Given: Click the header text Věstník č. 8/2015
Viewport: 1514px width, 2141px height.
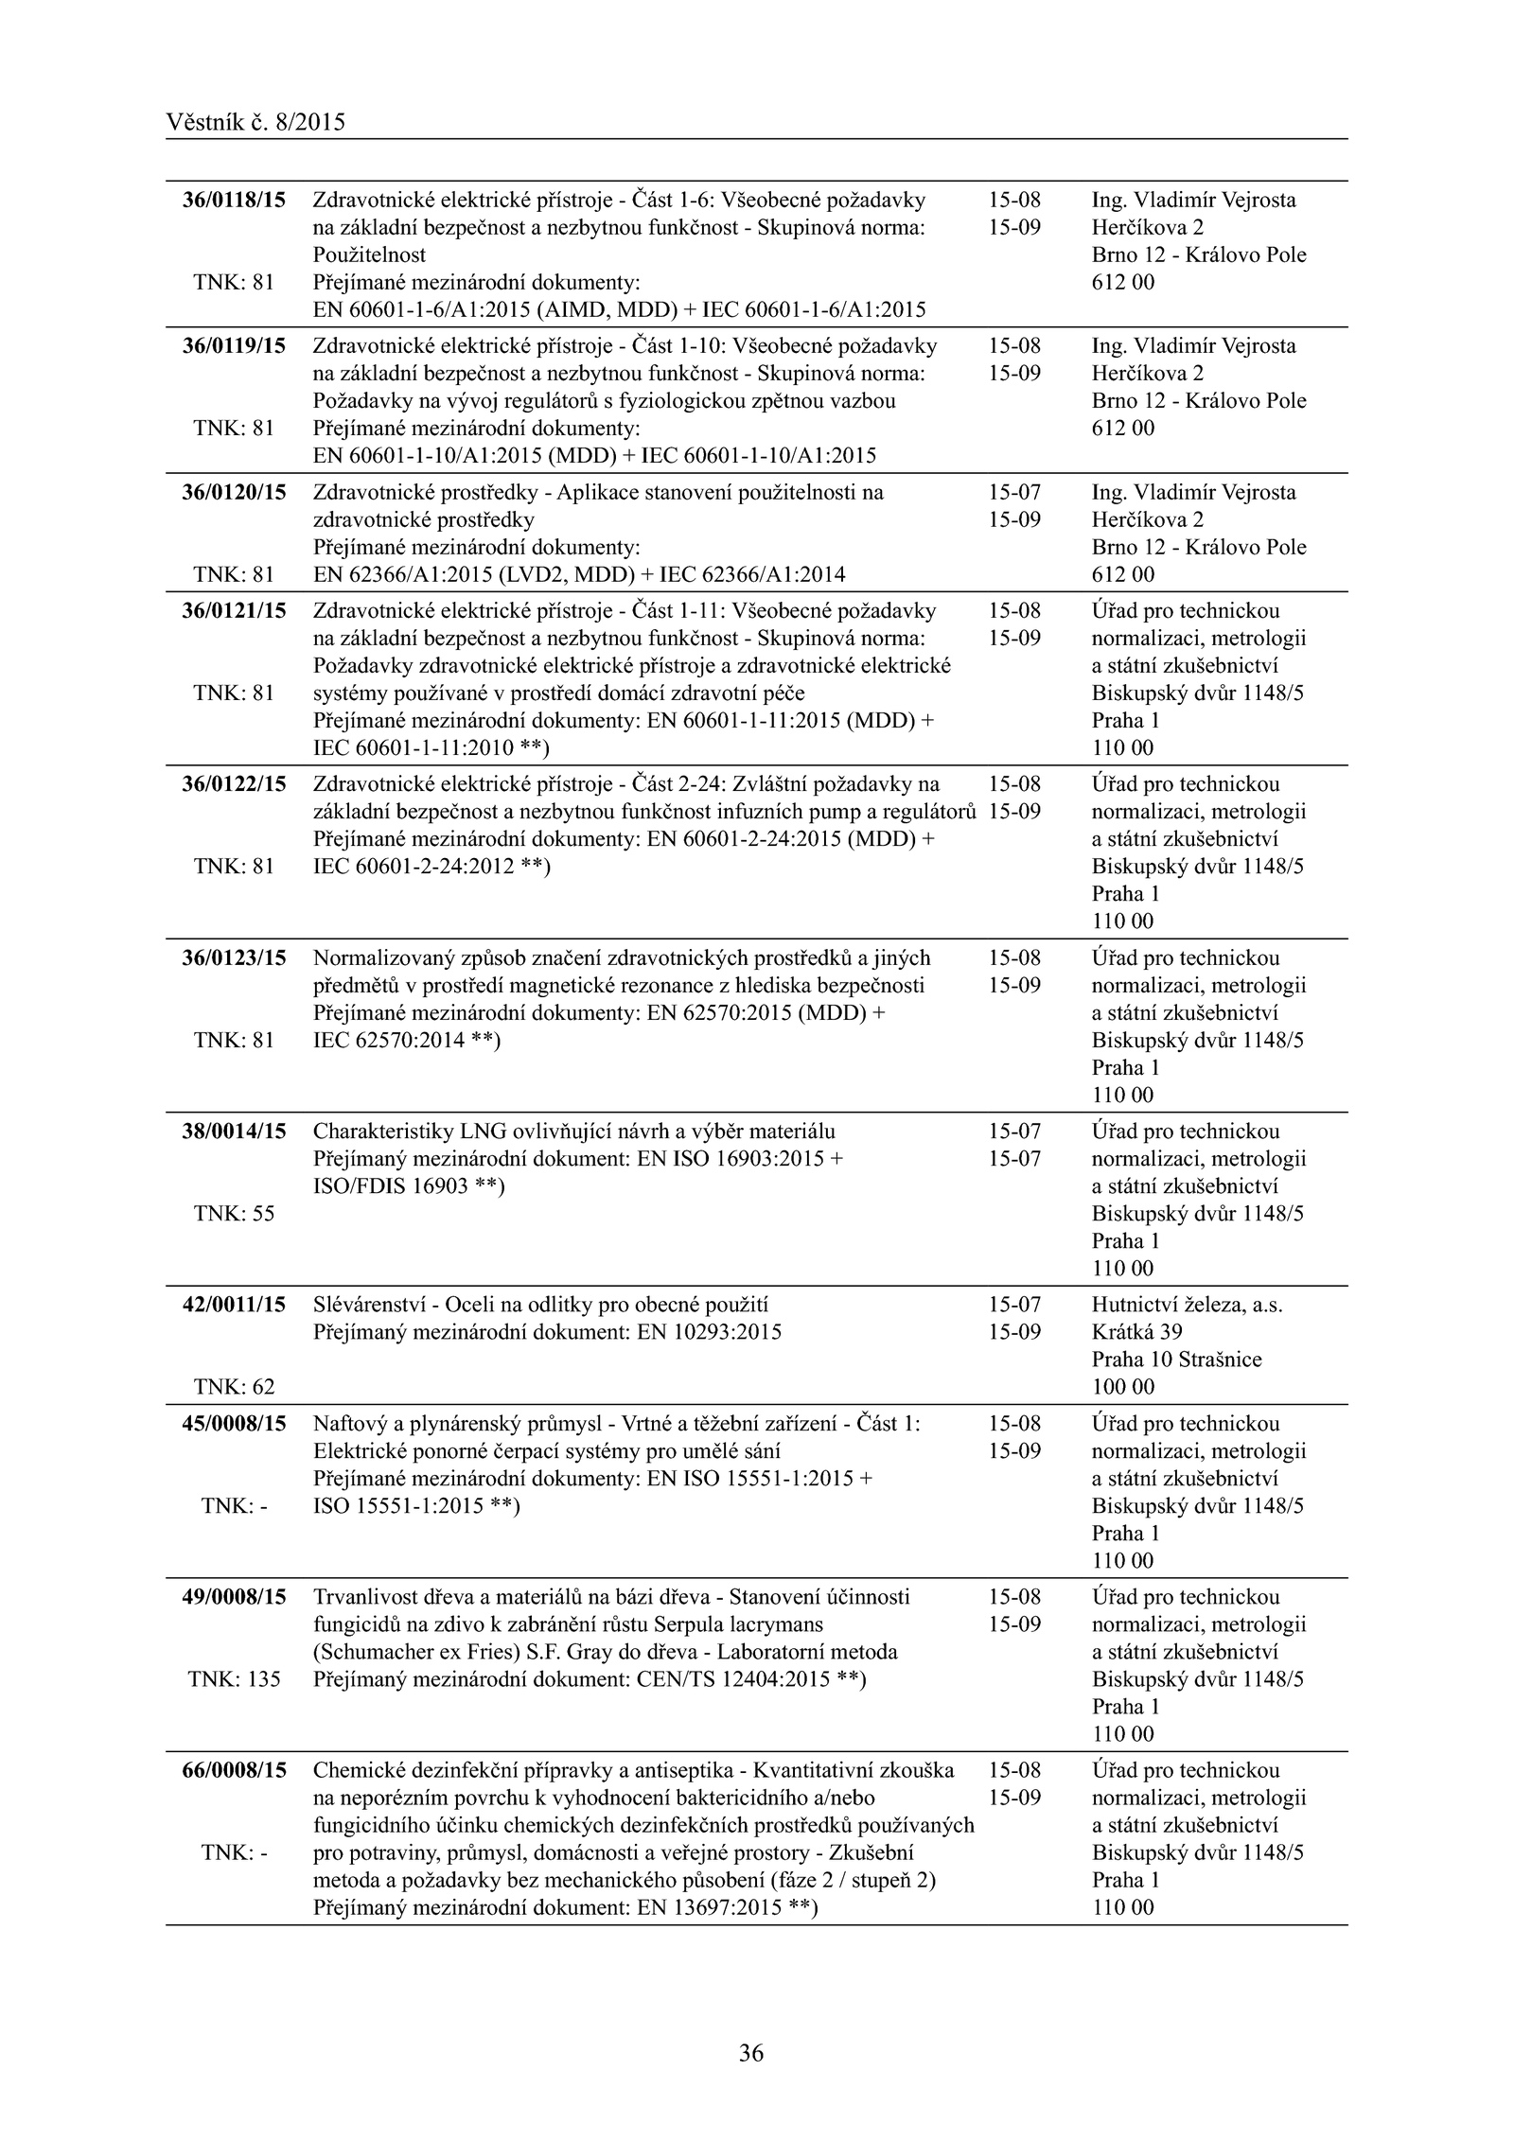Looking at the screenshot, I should coord(255,122).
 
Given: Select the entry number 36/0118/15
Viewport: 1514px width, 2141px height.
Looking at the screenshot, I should coord(234,200).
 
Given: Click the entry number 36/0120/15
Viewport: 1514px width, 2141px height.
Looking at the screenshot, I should coord(234,492).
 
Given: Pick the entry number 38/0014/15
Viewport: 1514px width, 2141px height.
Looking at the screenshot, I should coord(234,1132).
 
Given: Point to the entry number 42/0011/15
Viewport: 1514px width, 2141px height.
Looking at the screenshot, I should coord(234,1305).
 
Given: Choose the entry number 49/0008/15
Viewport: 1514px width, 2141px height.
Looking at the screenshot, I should coord(234,1597).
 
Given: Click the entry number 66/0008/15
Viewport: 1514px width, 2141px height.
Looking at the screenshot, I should coord(234,1770).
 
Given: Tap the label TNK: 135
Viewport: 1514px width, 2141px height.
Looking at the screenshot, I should coord(234,1679).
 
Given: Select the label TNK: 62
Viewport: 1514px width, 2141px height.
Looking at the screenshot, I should coord(234,1387).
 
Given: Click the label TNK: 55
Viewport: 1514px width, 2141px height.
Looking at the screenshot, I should coord(234,1214).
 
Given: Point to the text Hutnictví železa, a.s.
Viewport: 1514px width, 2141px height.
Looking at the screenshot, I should coord(1187,1305).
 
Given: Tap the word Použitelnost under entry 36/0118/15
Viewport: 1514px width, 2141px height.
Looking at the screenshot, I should coord(369,254).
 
